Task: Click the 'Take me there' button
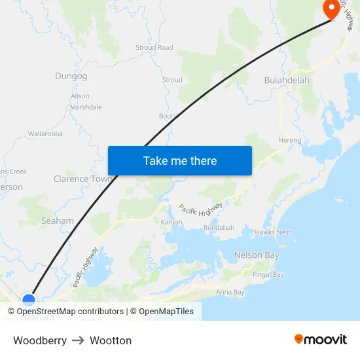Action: pos(180,160)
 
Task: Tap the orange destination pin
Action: pos(331,9)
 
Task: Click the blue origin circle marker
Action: pos(29,300)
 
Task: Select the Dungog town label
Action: pos(71,76)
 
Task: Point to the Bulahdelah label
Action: pos(287,80)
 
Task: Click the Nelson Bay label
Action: pos(257,255)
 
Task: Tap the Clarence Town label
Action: pos(82,179)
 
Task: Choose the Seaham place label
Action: pos(58,221)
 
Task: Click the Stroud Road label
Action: pos(154,48)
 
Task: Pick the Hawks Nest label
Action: pos(273,232)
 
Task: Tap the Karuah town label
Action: pos(171,223)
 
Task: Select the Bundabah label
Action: pos(219,228)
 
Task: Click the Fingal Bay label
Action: pos(268,275)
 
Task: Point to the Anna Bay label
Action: pos(230,292)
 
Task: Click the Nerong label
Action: pos(289,140)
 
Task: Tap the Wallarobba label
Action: pos(45,134)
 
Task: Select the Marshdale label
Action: pos(86,107)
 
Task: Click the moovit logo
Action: pos(320,340)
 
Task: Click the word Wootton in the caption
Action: pos(111,340)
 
